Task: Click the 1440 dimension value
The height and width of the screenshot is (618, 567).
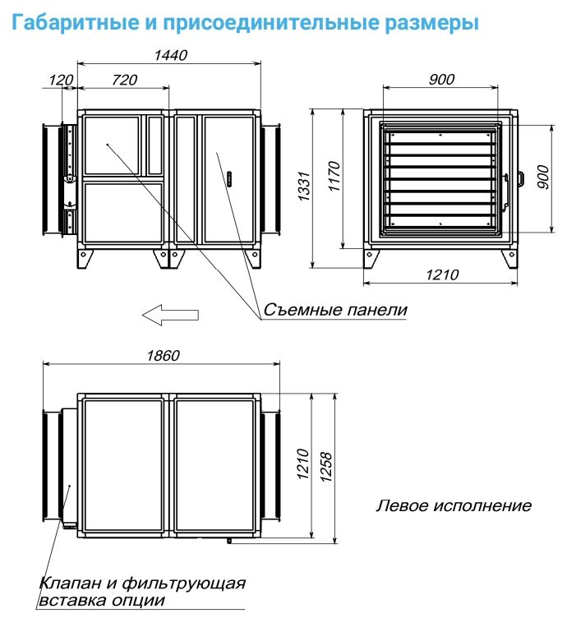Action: (171, 55)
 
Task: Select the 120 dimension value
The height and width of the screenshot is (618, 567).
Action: (61, 80)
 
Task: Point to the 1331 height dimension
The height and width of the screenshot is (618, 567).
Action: (303, 188)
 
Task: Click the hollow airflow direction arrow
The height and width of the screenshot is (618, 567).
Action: (169, 313)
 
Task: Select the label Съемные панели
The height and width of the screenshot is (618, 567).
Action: (335, 310)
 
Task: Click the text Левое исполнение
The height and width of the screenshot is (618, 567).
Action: (454, 505)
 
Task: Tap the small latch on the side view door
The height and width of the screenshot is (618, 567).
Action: (229, 177)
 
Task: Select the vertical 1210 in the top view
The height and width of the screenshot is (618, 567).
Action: (302, 466)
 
